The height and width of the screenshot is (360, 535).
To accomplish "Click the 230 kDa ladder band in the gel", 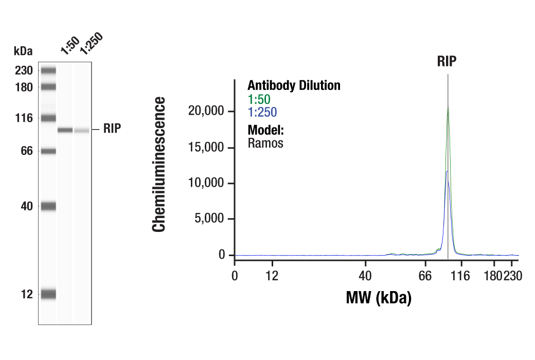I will [48, 70].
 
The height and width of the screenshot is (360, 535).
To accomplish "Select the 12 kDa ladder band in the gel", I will [48, 294].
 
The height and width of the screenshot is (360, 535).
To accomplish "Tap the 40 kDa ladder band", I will [48, 206].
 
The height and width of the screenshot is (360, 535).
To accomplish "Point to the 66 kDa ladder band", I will [48, 151].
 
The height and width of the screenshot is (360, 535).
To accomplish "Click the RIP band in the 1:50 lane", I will [65, 130].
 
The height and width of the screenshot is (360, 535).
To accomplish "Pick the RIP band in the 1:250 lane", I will [82, 131].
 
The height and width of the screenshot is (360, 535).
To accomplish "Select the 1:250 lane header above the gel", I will [91, 44].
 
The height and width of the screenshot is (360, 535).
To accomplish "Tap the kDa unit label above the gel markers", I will [23, 51].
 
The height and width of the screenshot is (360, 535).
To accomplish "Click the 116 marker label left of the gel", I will [23, 118].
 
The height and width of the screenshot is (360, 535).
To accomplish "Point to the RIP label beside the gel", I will [112, 129].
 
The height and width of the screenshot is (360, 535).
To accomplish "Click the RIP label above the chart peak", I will [447, 62].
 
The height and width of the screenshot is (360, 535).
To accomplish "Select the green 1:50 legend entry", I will [259, 99].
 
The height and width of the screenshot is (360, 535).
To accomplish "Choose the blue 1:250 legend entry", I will [262, 112].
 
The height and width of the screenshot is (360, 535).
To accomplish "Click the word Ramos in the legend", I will [265, 143].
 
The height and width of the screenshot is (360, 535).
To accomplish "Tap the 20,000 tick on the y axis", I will [207, 111].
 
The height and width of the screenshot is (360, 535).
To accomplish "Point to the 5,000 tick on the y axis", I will [211, 219].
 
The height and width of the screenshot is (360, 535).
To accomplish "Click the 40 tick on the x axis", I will [365, 276].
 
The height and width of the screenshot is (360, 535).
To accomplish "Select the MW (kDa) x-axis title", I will [378, 298].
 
